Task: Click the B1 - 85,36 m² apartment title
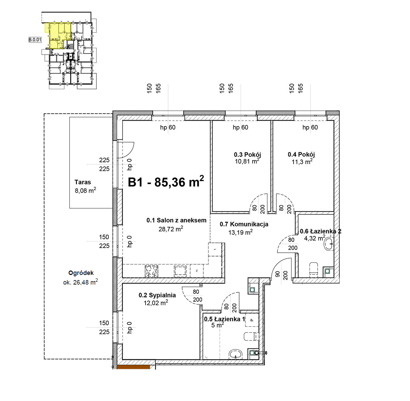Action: [166, 182]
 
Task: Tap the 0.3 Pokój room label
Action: [247, 155]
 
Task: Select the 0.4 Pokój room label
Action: [301, 154]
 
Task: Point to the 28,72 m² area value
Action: [170, 229]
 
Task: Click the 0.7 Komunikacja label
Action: [244, 224]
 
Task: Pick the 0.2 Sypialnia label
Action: [157, 295]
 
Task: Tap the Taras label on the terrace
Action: [83, 182]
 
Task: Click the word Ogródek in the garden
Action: [81, 273]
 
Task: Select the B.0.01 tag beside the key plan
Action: [35, 40]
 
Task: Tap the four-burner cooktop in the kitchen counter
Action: [151, 271]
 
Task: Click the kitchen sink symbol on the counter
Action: [180, 271]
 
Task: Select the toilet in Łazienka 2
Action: [314, 268]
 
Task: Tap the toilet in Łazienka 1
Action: [251, 336]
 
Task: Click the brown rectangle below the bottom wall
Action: [134, 367]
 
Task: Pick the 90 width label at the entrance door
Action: [277, 274]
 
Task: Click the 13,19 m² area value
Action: [241, 232]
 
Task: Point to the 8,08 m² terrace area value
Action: [85, 190]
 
